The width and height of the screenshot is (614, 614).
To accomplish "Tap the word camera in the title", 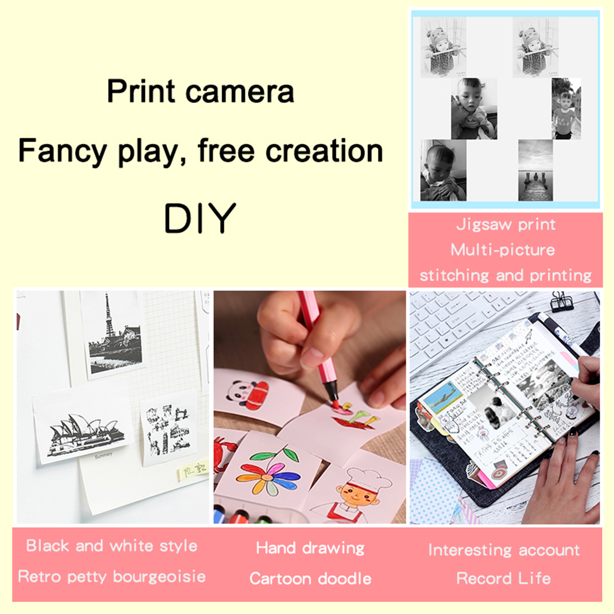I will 240,92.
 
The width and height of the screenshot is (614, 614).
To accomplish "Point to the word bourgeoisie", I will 159,577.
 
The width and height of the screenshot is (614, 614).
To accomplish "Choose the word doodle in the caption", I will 344,579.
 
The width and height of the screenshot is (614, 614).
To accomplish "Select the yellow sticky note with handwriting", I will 193,471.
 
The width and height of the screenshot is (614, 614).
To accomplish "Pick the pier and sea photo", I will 535,170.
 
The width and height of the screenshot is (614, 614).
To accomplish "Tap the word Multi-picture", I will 502,250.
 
